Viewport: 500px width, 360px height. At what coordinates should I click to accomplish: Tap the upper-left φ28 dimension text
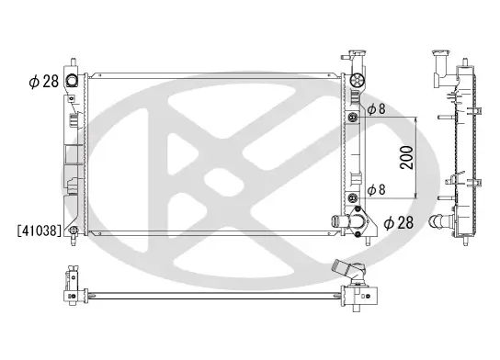click(x=43, y=81)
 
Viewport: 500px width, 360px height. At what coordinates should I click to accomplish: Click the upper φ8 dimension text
click(x=377, y=110)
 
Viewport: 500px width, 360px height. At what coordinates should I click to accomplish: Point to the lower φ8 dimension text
click(x=377, y=190)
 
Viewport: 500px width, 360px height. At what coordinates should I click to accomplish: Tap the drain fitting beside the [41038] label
click(x=72, y=231)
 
